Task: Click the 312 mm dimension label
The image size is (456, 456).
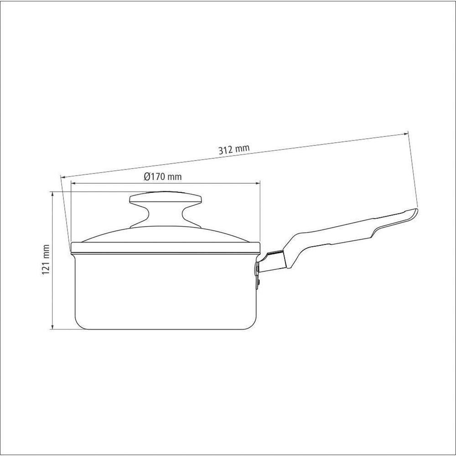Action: [x=234, y=149]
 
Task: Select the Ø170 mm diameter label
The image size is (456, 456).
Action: [x=163, y=176]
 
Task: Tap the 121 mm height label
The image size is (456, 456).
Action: [x=46, y=260]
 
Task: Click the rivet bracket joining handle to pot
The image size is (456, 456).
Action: [x=257, y=273]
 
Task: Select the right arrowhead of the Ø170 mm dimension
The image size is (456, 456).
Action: [x=257, y=183]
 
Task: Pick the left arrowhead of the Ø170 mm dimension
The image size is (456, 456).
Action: [x=73, y=183]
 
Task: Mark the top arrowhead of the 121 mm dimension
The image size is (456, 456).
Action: [x=52, y=194]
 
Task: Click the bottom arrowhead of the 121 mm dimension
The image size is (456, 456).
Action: [x=52, y=326]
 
